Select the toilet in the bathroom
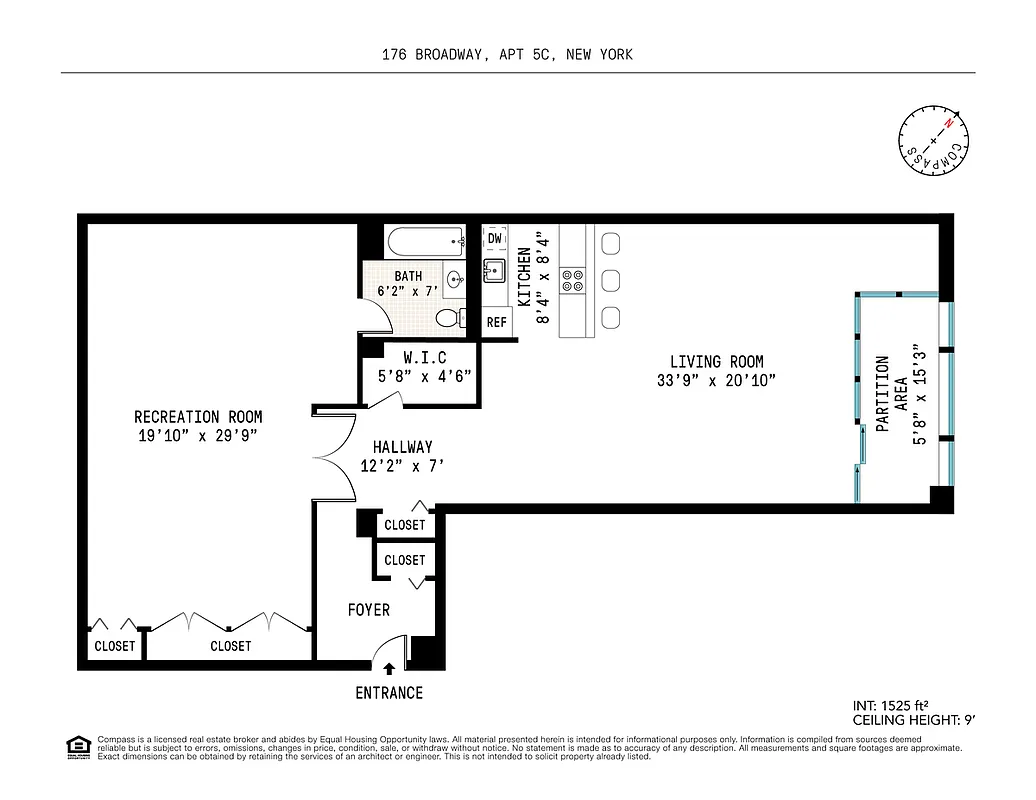[451, 319]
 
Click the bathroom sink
[455, 279]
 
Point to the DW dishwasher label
[495, 238]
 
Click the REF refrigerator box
[496, 322]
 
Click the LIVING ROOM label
[716, 362]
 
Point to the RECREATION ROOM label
[198, 417]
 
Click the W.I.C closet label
[424, 358]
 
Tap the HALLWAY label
[402, 447]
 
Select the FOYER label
[368, 609]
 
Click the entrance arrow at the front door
[389, 668]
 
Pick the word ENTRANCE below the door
[389, 693]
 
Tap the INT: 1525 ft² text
[897, 705]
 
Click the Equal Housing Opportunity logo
[77, 746]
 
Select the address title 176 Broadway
[507, 55]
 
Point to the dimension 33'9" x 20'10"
[716, 380]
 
